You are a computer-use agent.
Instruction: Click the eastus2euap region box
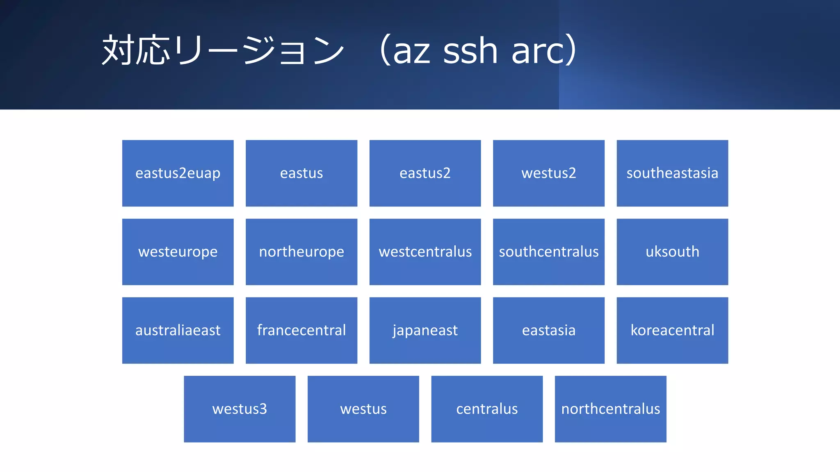point(178,173)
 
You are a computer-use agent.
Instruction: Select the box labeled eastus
point(301,173)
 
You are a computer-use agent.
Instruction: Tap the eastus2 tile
point(425,173)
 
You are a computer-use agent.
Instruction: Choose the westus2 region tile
point(548,173)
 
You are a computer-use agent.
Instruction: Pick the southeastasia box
point(672,173)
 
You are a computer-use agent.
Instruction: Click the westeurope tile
point(178,252)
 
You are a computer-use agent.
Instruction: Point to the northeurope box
point(301,252)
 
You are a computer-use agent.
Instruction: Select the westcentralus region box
point(425,252)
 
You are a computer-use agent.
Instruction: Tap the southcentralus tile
point(548,252)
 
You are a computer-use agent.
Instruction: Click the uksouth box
point(672,252)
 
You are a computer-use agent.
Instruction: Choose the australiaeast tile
point(178,330)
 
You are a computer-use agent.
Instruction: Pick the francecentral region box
point(301,330)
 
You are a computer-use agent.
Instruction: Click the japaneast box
point(425,330)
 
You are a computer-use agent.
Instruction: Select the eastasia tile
point(548,330)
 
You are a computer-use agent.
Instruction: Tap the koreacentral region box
point(672,330)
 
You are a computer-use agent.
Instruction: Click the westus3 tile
point(240,409)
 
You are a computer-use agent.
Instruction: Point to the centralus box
point(487,409)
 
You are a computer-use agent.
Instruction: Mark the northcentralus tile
point(610,409)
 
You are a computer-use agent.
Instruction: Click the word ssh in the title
point(470,51)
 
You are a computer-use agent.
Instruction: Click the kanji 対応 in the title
point(136,50)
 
